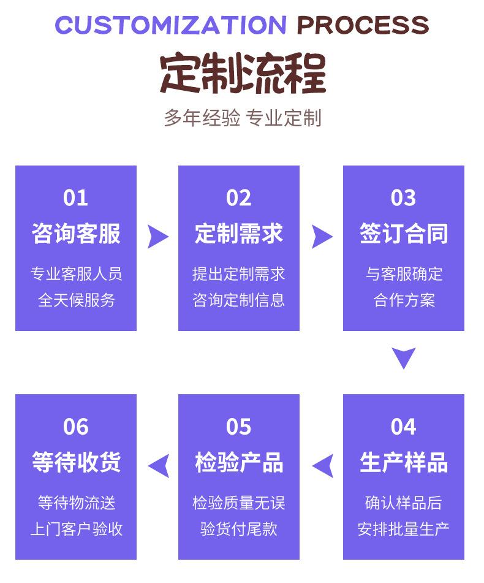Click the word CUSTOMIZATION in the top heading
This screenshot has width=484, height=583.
pyautogui.click(x=170, y=25)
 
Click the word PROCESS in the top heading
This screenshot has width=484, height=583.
pyautogui.click(x=363, y=25)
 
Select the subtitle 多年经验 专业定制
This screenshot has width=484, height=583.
pyautogui.click(x=243, y=118)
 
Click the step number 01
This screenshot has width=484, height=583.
pyautogui.click(x=76, y=198)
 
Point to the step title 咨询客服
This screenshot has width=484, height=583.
pyautogui.click(x=76, y=234)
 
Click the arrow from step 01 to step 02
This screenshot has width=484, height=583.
pyautogui.click(x=157, y=237)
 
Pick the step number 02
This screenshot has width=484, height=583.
pyautogui.click(x=239, y=198)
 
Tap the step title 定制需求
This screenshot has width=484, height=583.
pyautogui.click(x=239, y=234)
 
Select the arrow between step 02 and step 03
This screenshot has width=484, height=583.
pyautogui.click(x=322, y=237)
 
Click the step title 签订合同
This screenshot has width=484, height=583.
pyautogui.click(x=404, y=234)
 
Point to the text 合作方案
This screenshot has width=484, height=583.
pyautogui.click(x=404, y=300)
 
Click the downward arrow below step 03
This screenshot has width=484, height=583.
pyautogui.click(x=404, y=357)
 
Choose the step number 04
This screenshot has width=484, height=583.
pyautogui.click(x=404, y=427)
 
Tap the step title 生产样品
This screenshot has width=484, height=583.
pyautogui.click(x=404, y=462)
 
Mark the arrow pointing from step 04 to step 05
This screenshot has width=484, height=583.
pyautogui.click(x=323, y=466)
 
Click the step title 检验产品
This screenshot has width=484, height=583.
pyautogui.click(x=239, y=462)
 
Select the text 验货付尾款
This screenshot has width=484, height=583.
pyautogui.click(x=239, y=529)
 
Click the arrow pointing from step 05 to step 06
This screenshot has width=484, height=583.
pyautogui.click(x=159, y=466)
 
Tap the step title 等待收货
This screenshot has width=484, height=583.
pyautogui.click(x=76, y=462)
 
